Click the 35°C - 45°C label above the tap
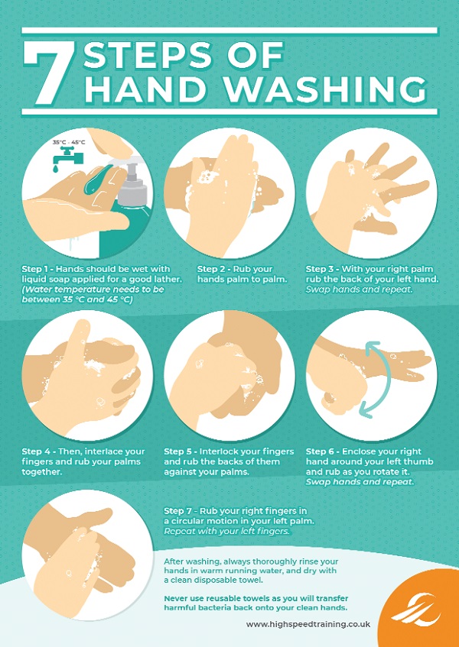[x=69, y=142]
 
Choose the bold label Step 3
[x=321, y=270]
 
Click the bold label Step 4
[x=37, y=451]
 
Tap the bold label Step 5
[x=179, y=451]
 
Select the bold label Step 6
[x=321, y=451]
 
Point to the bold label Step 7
[x=179, y=511]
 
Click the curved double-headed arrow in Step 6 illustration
[x=389, y=377]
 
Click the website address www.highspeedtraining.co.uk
[x=308, y=624]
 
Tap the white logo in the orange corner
[x=416, y=611]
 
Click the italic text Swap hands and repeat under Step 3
[x=360, y=290]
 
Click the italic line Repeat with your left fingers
[x=226, y=531]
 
